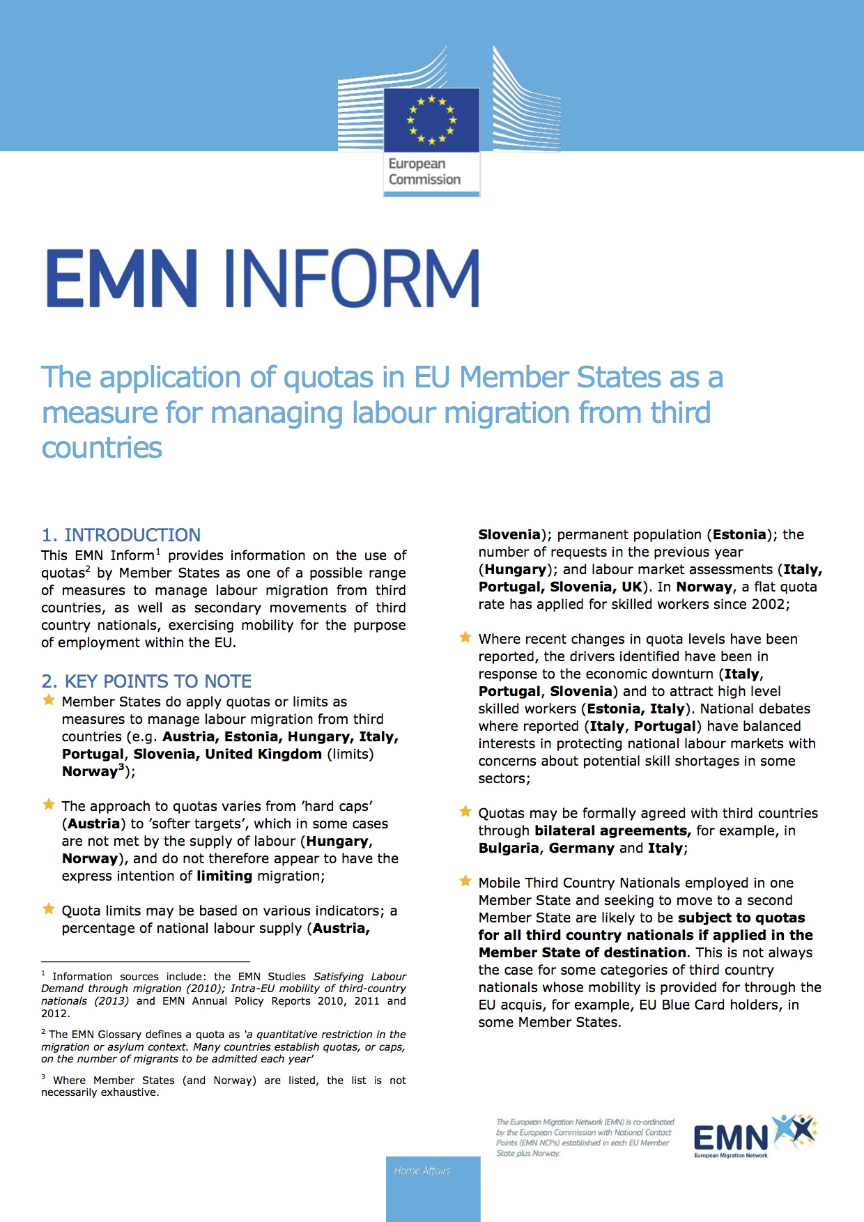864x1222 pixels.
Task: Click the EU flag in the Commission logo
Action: point(431,120)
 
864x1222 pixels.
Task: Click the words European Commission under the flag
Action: point(424,171)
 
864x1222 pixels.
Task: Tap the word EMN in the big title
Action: point(122,279)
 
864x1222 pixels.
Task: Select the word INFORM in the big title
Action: point(351,279)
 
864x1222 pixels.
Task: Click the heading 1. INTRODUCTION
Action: point(121,535)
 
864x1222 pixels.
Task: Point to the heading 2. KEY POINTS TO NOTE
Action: point(146,681)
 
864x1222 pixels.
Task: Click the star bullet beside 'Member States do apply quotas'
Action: point(49,700)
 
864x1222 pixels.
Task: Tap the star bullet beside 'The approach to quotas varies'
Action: point(49,805)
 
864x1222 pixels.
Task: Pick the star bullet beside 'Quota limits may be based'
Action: point(49,909)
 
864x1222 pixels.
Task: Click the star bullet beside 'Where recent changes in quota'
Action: point(465,637)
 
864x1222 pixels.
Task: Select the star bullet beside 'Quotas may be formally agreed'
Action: point(465,812)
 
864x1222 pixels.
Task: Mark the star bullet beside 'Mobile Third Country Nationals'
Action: point(465,881)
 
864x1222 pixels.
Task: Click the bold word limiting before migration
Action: point(224,876)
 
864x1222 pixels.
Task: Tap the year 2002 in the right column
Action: point(769,605)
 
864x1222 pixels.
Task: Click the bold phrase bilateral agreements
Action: point(612,831)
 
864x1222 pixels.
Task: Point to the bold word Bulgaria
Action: point(509,849)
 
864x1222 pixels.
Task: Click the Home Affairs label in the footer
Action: point(422,1171)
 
